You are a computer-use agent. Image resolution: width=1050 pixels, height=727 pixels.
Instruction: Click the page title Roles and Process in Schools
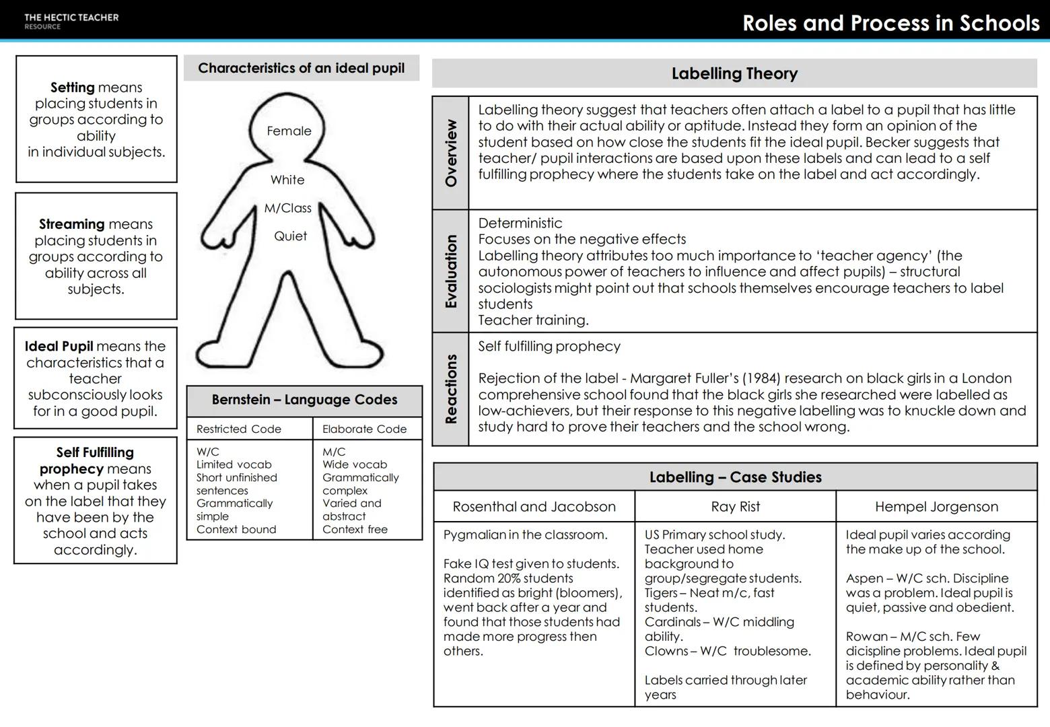pyautogui.click(x=890, y=24)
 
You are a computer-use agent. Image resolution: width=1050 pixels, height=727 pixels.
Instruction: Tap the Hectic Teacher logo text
pyautogui.click(x=71, y=18)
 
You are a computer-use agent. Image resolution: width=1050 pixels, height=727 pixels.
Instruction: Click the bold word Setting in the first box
pyautogui.click(x=72, y=88)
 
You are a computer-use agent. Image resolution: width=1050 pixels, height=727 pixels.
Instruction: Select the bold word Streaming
pyautogui.click(x=71, y=224)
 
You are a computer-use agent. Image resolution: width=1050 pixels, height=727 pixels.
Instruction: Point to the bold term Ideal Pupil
pyautogui.click(x=59, y=347)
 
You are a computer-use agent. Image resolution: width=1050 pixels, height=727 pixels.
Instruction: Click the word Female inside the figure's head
pyautogui.click(x=289, y=131)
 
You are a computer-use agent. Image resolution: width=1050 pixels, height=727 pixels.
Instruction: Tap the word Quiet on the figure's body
pyautogui.click(x=290, y=236)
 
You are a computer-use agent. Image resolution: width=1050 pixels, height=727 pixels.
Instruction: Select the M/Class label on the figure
pyautogui.click(x=287, y=209)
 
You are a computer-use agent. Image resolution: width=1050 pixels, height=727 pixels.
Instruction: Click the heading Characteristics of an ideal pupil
pyautogui.click(x=301, y=68)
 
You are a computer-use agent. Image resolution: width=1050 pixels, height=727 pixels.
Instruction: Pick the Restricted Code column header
pyautogui.click(x=238, y=429)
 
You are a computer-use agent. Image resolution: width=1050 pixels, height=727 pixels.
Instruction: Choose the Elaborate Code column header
pyautogui.click(x=364, y=429)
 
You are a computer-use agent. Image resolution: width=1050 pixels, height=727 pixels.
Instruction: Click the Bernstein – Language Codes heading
pyautogui.click(x=304, y=400)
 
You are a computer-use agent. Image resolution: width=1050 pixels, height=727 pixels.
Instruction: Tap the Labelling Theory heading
pyautogui.click(x=734, y=73)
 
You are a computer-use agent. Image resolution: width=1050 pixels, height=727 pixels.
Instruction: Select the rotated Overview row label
pyautogui.click(x=451, y=153)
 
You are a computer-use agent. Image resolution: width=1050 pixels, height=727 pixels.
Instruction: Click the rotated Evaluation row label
pyautogui.click(x=451, y=271)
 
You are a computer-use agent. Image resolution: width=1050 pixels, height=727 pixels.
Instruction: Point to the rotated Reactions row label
pyautogui.click(x=451, y=389)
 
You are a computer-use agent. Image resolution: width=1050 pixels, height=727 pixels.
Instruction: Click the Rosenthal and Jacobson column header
pyautogui.click(x=534, y=507)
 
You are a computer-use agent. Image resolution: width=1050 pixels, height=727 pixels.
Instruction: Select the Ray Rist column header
pyautogui.click(x=735, y=507)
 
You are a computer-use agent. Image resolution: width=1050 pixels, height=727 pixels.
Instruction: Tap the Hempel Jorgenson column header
pyautogui.click(x=936, y=507)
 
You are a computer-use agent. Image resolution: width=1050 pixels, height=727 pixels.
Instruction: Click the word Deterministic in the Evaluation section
pyautogui.click(x=520, y=223)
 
